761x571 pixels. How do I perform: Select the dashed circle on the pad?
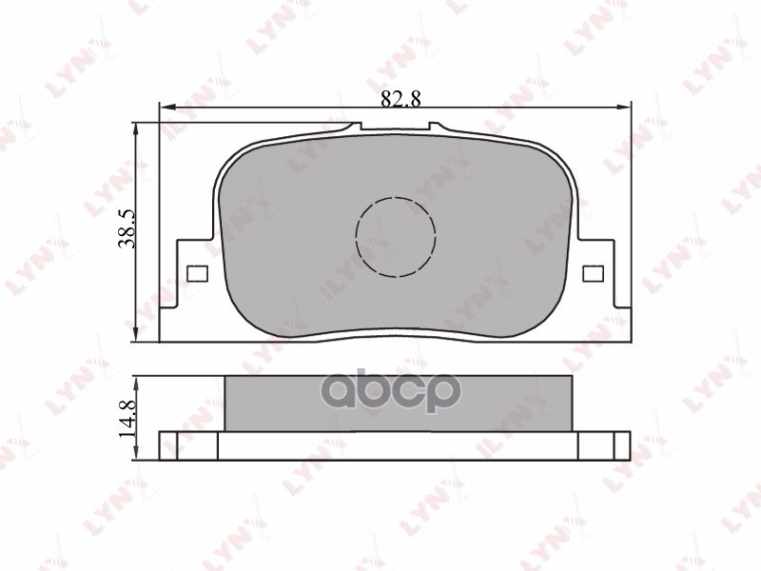(x=395, y=237)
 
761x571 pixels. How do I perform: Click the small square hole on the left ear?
(x=197, y=274)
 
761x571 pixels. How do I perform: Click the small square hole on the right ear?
(x=592, y=274)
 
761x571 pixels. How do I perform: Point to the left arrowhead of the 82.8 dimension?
(x=165, y=106)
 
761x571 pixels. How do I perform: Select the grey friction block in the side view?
(x=398, y=403)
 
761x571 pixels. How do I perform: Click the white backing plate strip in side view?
(x=398, y=445)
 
